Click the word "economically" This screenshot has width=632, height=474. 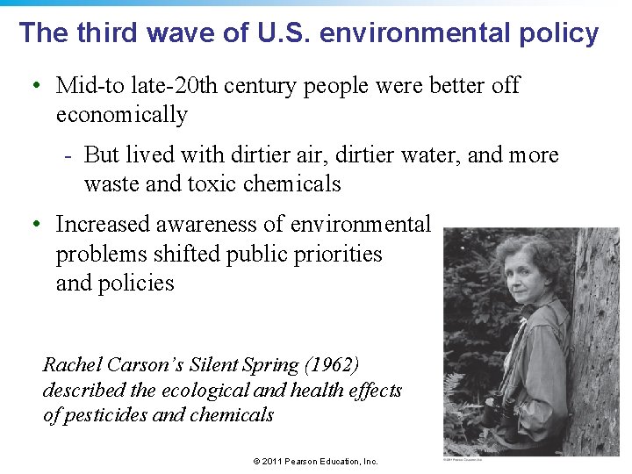[122, 115]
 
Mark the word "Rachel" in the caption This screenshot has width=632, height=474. [72, 364]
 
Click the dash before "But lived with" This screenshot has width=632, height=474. [68, 156]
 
